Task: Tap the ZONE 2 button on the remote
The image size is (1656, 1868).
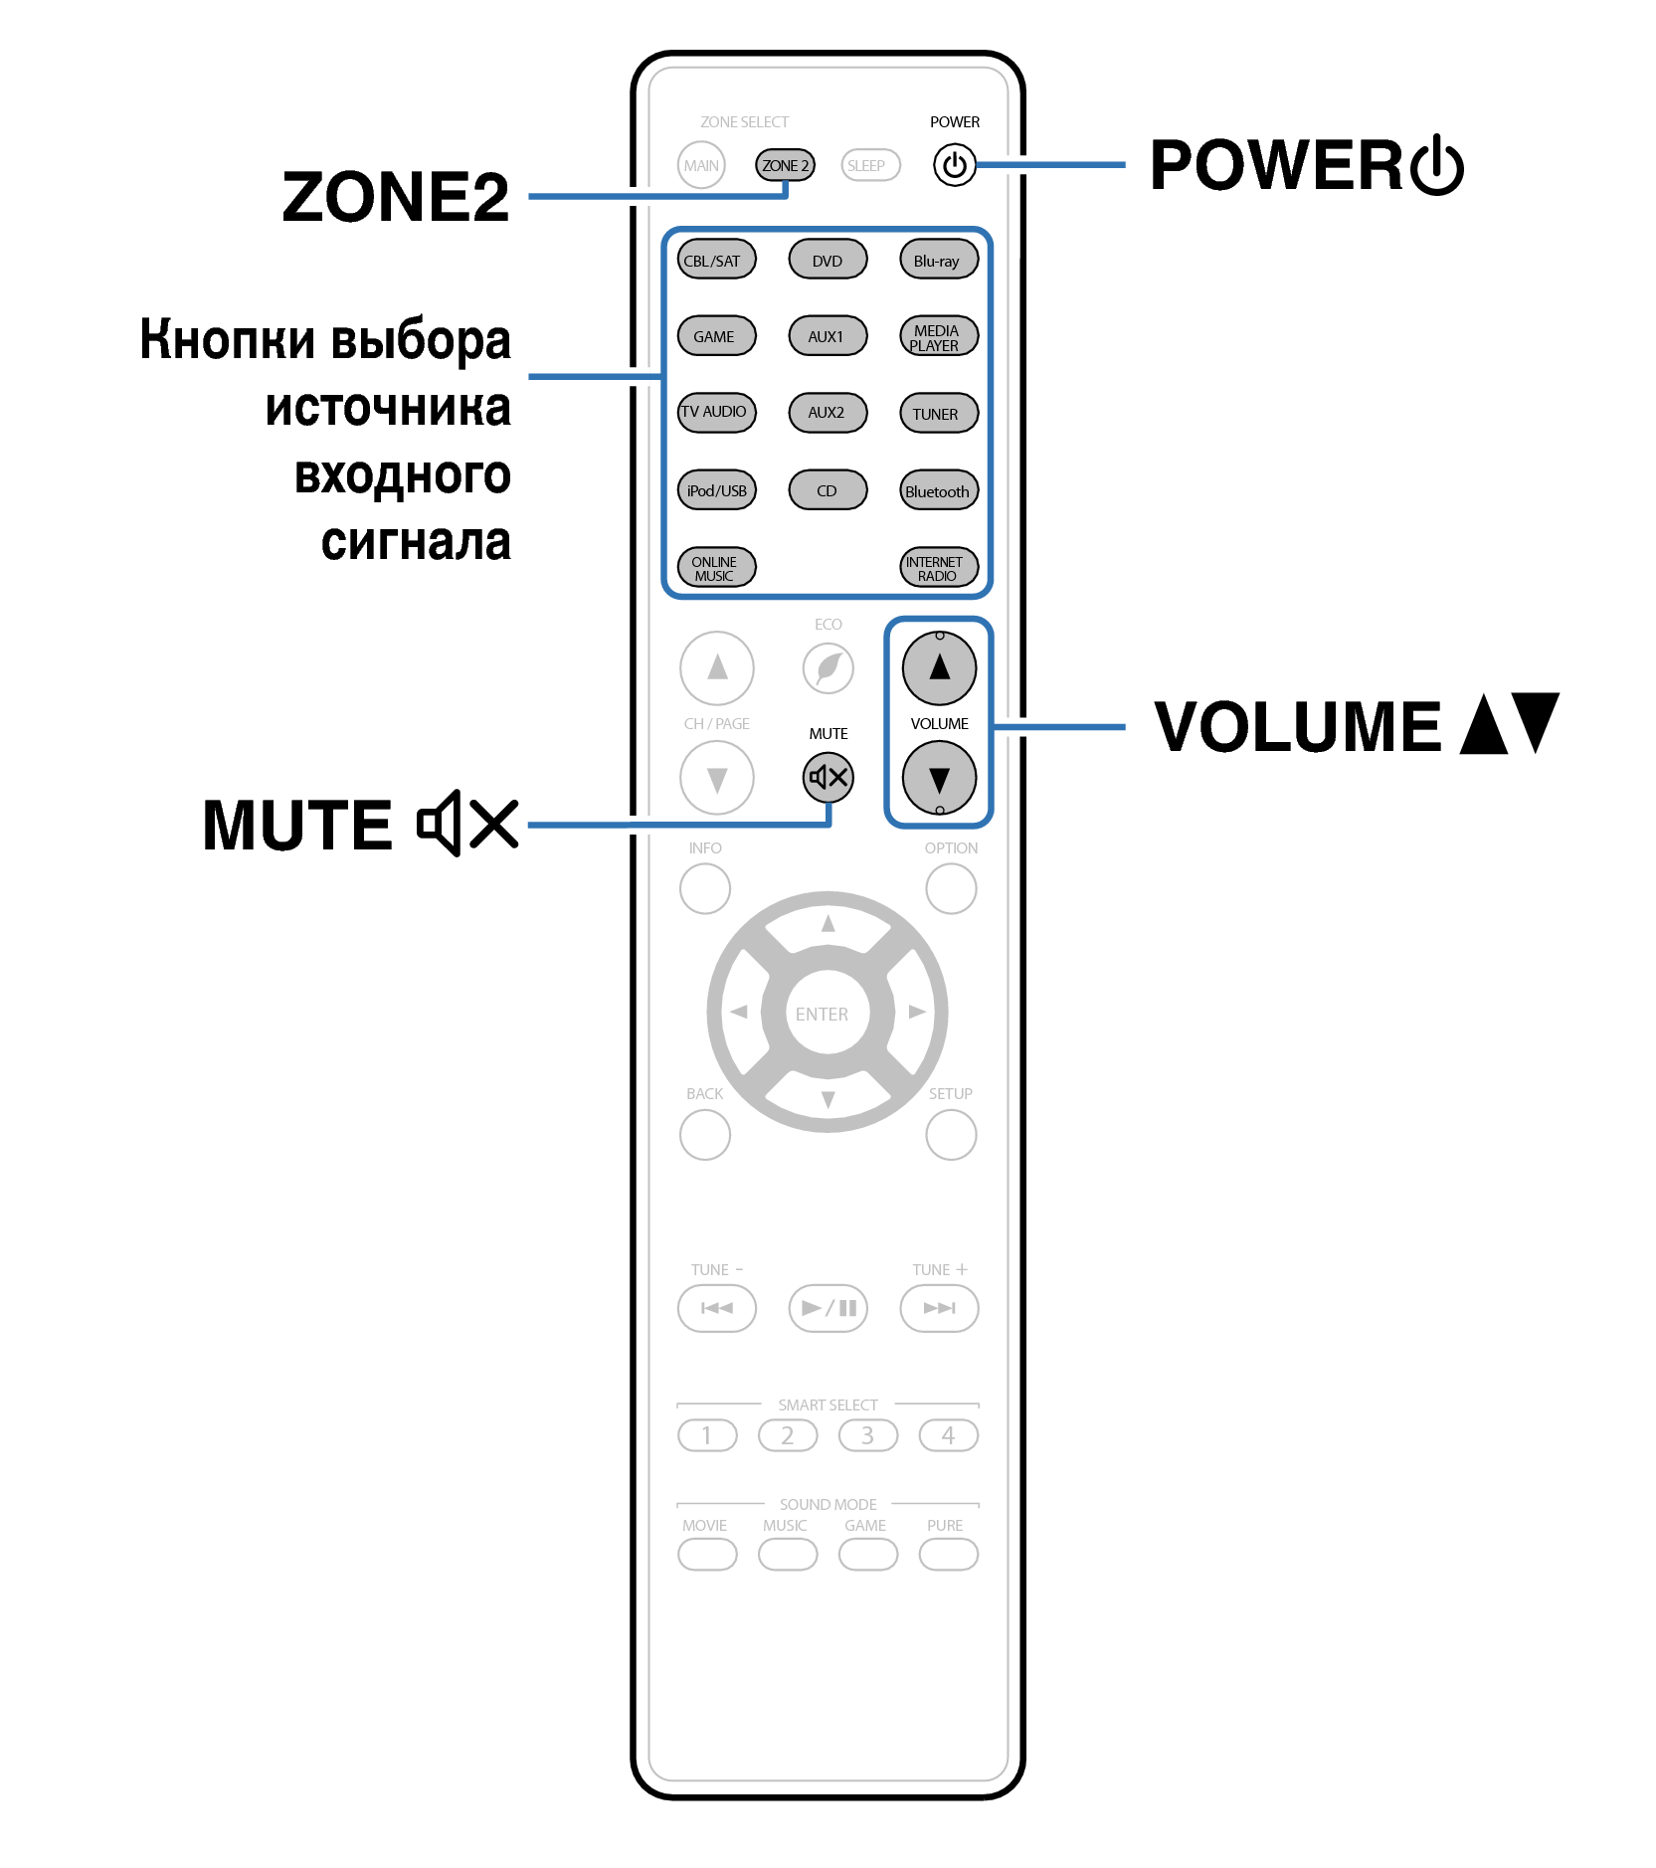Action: click(x=785, y=165)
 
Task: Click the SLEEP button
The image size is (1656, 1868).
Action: click(x=870, y=165)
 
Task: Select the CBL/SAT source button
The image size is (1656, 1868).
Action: click(x=716, y=261)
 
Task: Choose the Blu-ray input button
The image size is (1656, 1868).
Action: click(x=939, y=261)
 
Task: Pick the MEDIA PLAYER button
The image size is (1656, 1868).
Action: click(x=939, y=336)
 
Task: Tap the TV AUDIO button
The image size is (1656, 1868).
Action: click(x=716, y=412)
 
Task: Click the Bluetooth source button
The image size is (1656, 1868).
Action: click(x=939, y=490)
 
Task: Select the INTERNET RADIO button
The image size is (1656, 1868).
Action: click(x=939, y=567)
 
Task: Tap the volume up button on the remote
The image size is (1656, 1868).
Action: click(x=939, y=667)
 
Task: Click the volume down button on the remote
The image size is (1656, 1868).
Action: click(x=939, y=778)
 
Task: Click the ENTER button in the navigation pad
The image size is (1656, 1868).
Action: click(x=828, y=1013)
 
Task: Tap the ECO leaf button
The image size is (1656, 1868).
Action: click(x=828, y=667)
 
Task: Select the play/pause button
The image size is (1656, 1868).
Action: click(x=828, y=1308)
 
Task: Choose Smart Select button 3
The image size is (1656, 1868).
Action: click(x=867, y=1435)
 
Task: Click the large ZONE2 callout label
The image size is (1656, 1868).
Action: click(x=396, y=196)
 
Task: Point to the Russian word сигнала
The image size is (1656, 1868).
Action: click(x=416, y=542)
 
